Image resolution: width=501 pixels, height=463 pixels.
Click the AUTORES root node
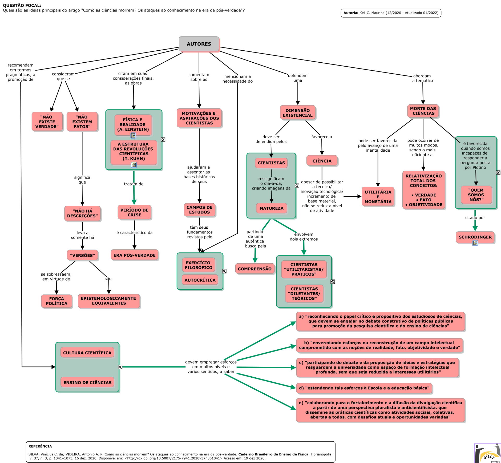[x=199, y=44]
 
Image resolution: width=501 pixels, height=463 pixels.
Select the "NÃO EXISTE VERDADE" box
[x=47, y=122]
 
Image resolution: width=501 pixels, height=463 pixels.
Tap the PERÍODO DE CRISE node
[x=134, y=212]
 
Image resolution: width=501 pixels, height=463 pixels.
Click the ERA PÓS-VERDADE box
[x=134, y=255]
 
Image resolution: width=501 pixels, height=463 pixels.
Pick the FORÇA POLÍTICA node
[x=56, y=301]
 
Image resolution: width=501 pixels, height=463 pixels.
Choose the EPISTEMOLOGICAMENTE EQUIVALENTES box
[x=109, y=301]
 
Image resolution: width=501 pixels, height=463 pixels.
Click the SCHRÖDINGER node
[x=475, y=237]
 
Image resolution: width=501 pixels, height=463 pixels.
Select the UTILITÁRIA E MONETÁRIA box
[x=378, y=197]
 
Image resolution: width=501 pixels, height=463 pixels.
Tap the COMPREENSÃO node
[x=255, y=269]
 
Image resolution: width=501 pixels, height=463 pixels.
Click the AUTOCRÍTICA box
[x=200, y=280]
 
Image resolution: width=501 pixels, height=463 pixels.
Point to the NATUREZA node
[x=271, y=208]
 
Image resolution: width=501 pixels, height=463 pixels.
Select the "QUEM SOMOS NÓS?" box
[x=476, y=195]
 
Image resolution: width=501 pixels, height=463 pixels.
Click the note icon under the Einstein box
[x=133, y=135]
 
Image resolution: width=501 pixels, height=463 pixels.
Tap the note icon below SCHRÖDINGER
[x=475, y=243]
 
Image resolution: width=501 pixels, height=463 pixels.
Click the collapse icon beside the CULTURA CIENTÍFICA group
[x=120, y=367]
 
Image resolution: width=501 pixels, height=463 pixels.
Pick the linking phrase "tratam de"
[x=134, y=184]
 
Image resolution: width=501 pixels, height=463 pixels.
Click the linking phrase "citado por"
[x=475, y=217]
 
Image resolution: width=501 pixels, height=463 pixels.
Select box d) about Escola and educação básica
[x=364, y=388]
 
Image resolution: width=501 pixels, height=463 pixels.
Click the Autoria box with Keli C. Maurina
[x=391, y=13]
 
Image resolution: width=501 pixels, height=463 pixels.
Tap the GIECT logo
[x=487, y=453]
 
